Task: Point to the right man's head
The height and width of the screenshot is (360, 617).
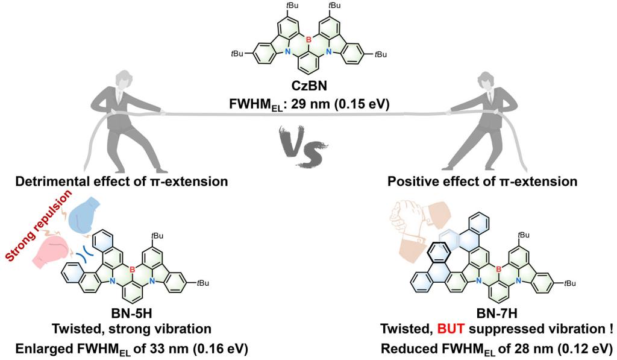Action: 489,80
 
